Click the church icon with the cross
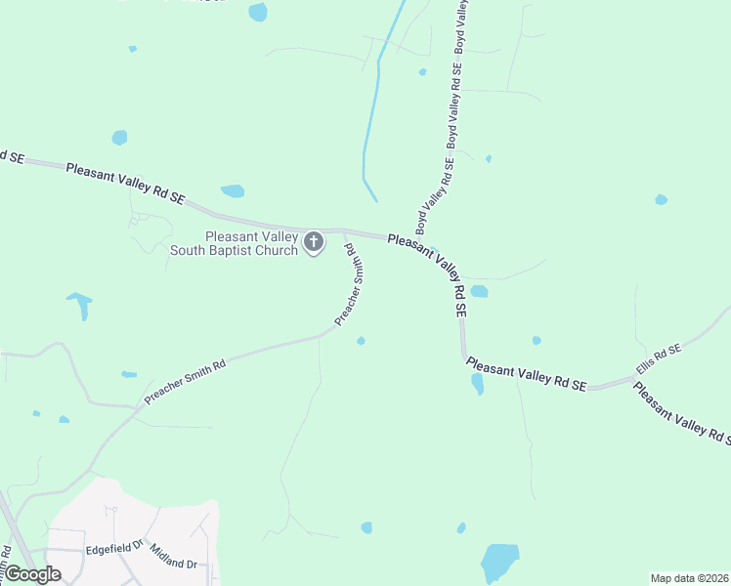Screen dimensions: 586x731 314,242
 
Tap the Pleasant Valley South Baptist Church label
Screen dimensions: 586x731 235,243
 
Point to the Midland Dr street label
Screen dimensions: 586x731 174,558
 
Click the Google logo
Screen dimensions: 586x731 31,574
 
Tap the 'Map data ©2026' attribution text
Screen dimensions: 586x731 690,578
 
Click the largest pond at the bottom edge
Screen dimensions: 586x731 499,564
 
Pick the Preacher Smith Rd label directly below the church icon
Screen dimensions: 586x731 350,291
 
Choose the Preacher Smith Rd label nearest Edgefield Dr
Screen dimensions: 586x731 185,381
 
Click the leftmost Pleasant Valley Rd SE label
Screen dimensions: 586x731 125,183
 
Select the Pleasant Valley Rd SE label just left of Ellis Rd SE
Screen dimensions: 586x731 526,374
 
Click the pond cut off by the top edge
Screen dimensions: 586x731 258,12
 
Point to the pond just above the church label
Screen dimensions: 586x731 233,190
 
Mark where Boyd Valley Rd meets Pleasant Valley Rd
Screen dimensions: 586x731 410,238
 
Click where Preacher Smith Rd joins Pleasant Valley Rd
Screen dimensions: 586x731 344,230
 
